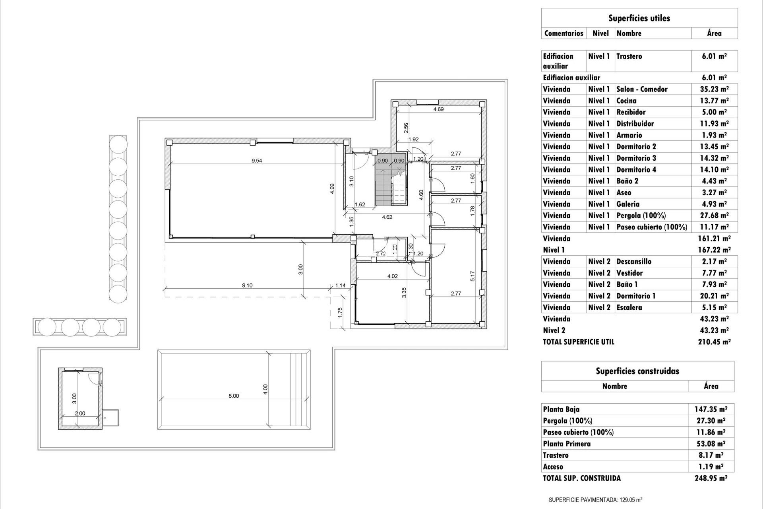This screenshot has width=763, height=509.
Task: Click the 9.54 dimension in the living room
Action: tap(257, 161)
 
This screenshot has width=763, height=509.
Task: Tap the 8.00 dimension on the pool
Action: tap(234, 396)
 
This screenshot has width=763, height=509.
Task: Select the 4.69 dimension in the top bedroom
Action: tap(438, 109)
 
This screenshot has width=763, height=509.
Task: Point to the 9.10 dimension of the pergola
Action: tap(247, 285)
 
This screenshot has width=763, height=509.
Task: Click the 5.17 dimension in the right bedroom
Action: tap(472, 276)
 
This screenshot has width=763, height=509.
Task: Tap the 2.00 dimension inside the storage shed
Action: tap(80, 413)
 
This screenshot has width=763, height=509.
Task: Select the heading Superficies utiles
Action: tap(639, 18)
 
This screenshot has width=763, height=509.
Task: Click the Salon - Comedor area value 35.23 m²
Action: tap(714, 89)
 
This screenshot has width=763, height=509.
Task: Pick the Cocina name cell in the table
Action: tap(626, 101)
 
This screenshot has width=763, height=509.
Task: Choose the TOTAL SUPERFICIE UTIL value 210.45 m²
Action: tap(714, 342)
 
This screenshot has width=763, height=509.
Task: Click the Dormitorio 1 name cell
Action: tap(636, 296)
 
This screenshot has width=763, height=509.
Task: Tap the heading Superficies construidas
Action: tap(637, 371)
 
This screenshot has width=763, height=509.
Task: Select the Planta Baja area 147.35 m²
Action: tap(711, 409)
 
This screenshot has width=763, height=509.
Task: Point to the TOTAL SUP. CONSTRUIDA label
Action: tap(582, 478)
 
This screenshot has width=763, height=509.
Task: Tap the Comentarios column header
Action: tap(564, 33)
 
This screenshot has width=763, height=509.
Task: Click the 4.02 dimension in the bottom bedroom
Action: tap(392, 276)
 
